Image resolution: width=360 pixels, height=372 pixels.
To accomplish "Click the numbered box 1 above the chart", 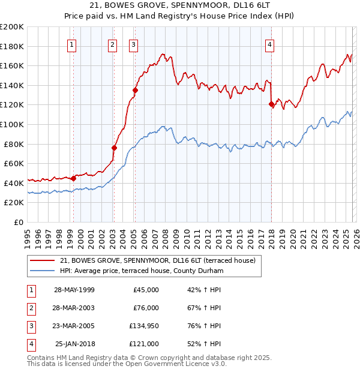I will [x=72, y=44].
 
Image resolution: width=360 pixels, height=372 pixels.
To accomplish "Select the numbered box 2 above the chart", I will [x=112, y=44].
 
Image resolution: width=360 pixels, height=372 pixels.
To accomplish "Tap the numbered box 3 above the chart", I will [x=133, y=44].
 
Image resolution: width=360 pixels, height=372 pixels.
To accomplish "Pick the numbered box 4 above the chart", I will [x=270, y=44].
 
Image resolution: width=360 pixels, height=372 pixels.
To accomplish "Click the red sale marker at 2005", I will [x=135, y=91].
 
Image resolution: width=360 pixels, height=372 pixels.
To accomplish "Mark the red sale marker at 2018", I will [x=271, y=104].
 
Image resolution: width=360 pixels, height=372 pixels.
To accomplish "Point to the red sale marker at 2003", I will [x=114, y=148].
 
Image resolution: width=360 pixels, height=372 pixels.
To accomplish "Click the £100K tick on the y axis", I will [x=12, y=124].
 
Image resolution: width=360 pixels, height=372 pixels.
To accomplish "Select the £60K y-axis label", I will [x=14, y=163].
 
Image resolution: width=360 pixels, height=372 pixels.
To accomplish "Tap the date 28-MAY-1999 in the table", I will [x=74, y=290].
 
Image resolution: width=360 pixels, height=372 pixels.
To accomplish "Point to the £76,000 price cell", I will [x=146, y=308].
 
